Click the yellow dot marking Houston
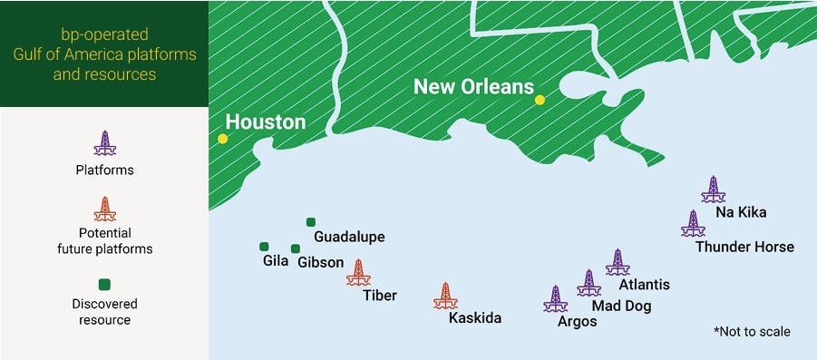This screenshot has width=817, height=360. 222,139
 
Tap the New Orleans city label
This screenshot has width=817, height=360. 472,87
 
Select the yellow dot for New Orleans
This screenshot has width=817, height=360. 540,100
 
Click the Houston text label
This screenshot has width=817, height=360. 266,122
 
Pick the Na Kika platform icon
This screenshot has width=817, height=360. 714,189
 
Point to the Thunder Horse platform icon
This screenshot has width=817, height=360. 693,223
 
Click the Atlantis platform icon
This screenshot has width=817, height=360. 618,262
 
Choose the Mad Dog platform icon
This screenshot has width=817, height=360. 589,283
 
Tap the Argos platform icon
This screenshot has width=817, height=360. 555,299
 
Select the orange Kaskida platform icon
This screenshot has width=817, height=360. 444,296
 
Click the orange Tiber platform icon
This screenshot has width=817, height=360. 358,272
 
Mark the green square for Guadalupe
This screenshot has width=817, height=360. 311,221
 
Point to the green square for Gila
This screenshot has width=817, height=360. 264,246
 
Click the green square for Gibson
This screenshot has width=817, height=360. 296,248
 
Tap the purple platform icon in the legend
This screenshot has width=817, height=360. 105,143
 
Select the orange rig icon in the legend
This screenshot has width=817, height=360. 105,209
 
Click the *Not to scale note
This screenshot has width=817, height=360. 752,332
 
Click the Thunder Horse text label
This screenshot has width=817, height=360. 744,247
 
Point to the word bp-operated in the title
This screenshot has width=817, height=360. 104,34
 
